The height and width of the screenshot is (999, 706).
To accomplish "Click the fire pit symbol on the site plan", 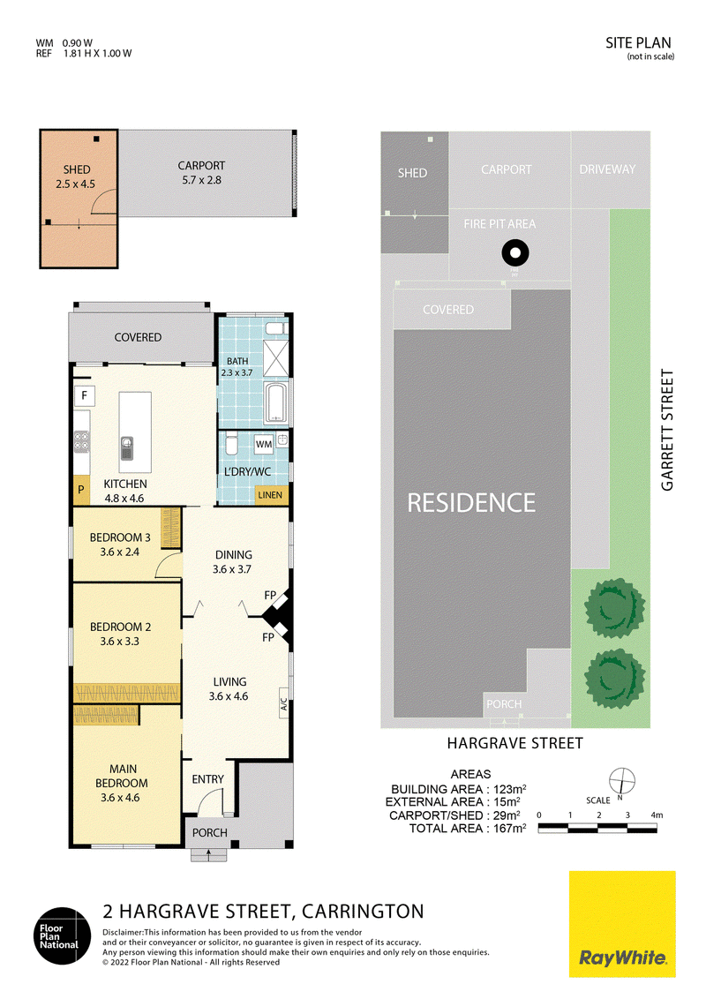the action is [x=514, y=253].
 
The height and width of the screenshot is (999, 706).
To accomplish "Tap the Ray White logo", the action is [x=622, y=924].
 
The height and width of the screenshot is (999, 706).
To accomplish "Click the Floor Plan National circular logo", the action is [x=62, y=936].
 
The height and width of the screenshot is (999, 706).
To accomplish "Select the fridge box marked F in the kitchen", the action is [x=84, y=395].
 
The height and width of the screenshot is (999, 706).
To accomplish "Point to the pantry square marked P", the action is [x=81, y=490].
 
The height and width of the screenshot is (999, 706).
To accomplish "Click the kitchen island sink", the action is [x=127, y=448].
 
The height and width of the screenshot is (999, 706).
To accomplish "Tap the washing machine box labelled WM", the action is [x=264, y=444].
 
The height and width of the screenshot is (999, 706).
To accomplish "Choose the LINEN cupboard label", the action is [x=270, y=495].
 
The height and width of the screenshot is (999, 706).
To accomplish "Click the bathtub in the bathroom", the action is [x=277, y=402].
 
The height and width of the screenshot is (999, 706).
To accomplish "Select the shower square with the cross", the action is [x=276, y=358].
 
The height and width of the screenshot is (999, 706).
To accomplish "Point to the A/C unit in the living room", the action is [x=284, y=704].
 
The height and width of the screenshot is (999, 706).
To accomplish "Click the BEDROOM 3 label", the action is [x=120, y=537].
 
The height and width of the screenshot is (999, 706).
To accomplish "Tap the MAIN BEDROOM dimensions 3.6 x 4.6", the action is [x=120, y=798].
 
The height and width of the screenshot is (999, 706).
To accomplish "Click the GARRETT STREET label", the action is [x=667, y=430].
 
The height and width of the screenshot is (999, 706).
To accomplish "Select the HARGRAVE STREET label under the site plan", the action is [x=514, y=744].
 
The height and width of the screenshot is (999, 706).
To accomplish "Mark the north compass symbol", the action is [x=622, y=781].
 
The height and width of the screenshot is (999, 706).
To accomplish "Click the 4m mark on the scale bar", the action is [x=657, y=815].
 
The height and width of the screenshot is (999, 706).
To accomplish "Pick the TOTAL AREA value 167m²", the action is [x=510, y=829].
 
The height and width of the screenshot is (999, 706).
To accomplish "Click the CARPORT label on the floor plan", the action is [x=201, y=166].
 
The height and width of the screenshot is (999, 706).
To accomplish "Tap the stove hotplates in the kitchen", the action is [x=81, y=441].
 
